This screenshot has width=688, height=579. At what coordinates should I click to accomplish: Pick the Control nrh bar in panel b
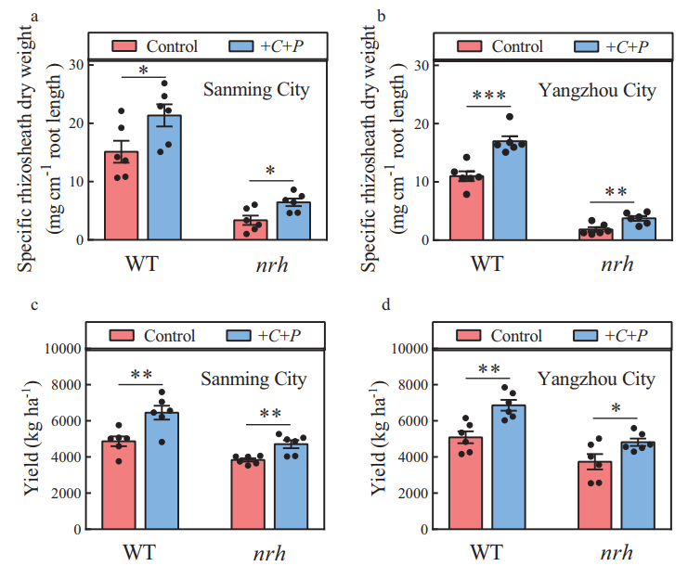coord(595,234)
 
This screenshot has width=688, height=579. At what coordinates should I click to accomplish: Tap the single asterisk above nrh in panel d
coord(617,409)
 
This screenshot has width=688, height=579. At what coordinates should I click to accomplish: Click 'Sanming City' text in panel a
coord(256,91)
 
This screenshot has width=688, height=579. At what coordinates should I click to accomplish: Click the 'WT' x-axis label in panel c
coord(142,554)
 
